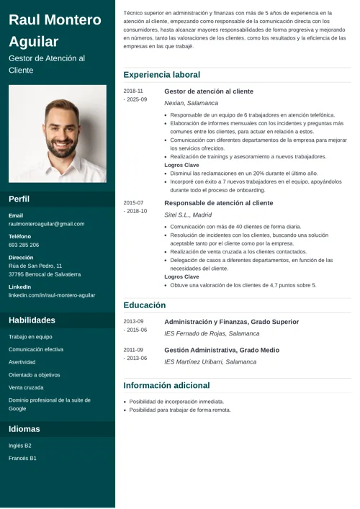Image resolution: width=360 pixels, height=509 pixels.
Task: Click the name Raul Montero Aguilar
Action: [55, 30]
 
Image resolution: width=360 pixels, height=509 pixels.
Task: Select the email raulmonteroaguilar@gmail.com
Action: [46, 224]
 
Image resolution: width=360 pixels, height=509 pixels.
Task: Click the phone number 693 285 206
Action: [24, 245]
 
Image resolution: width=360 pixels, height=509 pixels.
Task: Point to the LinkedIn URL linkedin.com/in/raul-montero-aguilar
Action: [52, 295]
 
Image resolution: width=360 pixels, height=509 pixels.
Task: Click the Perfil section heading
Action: [19, 199]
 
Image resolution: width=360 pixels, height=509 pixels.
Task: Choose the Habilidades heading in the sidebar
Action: [32, 320]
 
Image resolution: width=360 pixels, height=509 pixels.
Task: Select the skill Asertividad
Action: [22, 362]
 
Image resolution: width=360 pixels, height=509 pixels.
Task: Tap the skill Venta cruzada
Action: [26, 387]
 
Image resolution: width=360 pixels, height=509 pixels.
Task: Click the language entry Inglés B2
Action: [20, 446]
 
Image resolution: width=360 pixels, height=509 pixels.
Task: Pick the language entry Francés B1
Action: [22, 458]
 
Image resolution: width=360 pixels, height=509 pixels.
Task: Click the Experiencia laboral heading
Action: [161, 75]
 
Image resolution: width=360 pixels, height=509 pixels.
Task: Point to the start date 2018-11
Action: [133, 91]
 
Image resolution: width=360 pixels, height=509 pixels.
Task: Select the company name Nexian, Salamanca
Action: [191, 103]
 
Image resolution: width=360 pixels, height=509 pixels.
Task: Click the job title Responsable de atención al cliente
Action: [218, 203]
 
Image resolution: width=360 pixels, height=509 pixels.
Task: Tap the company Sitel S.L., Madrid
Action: [188, 215]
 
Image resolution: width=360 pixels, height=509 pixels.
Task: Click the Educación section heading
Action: [144, 305]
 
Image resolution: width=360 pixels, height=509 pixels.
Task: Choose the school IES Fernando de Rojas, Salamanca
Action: [212, 333]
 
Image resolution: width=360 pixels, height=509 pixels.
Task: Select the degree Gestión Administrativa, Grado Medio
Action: [221, 350]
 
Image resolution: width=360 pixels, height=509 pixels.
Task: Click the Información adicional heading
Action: [166, 385]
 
